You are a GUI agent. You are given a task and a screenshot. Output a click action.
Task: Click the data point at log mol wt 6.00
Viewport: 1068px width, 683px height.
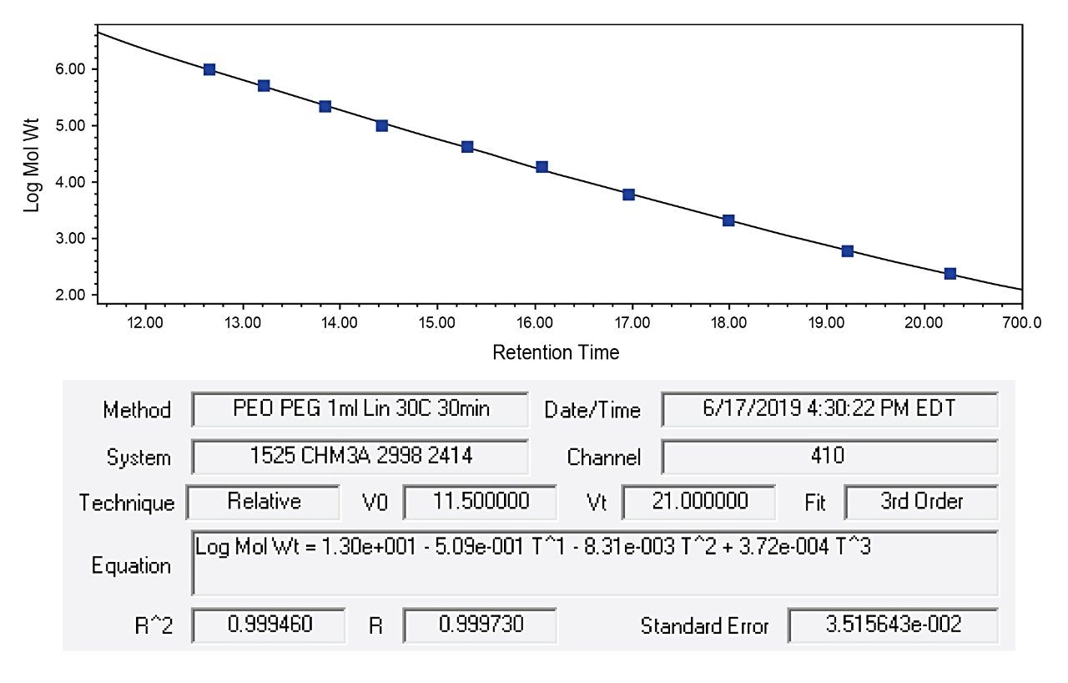209,69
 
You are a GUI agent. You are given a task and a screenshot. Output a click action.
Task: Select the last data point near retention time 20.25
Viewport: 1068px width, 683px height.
950,274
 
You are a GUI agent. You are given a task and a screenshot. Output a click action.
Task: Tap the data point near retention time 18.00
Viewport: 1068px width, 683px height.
728,220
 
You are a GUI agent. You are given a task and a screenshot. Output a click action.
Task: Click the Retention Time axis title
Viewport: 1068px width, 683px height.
556,352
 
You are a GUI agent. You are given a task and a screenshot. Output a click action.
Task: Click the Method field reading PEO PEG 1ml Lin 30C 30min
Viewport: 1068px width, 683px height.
360,410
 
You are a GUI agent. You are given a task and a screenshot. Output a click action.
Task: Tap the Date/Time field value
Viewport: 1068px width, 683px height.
829,410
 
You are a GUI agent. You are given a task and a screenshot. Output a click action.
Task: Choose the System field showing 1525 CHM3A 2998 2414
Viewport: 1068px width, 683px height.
360,457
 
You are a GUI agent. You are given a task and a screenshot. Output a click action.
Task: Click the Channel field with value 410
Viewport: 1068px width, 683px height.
829,457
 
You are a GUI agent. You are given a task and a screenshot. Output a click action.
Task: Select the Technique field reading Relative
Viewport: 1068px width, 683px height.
263,502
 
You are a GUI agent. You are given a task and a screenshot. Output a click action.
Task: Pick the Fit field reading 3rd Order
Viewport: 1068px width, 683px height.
921,502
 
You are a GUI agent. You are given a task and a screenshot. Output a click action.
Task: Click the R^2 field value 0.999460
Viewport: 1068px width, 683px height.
268,625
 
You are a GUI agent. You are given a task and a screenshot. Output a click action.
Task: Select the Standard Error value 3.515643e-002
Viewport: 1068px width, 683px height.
892,625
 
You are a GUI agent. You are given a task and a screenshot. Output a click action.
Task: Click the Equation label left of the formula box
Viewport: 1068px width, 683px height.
131,565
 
